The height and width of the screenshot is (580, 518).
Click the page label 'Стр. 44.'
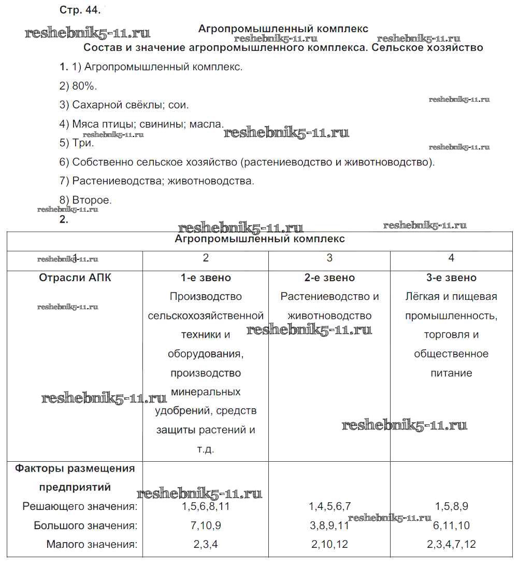[x=80, y=10]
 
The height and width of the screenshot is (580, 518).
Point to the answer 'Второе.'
[x=92, y=200]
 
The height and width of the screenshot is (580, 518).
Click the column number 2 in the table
[x=206, y=258]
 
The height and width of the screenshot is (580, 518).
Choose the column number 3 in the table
[x=329, y=258]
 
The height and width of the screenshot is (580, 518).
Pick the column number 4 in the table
[x=451, y=258]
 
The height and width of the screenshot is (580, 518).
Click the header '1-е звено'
[x=206, y=278]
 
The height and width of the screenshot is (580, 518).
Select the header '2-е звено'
[x=329, y=278]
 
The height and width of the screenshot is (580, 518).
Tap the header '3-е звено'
[x=451, y=278]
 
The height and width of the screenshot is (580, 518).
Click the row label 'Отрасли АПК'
[x=75, y=278]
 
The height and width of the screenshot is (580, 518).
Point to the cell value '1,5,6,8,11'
[x=206, y=506]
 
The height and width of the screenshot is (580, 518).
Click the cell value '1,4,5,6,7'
[x=330, y=506]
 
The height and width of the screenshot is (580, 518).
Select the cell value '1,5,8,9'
[x=451, y=506]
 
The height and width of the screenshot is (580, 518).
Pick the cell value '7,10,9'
[x=206, y=526]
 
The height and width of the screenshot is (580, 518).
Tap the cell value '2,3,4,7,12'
[x=451, y=545]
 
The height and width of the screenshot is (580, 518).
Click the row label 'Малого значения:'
[x=92, y=545]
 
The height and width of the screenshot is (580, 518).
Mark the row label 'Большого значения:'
[x=85, y=526]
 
